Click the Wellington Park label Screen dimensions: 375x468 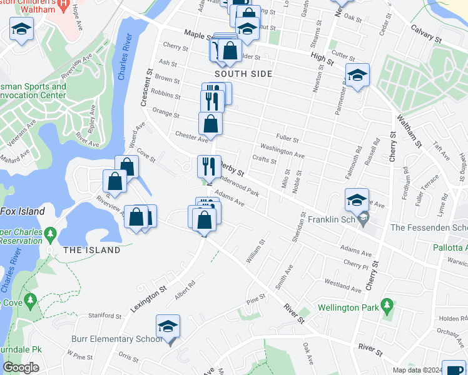pos(348,307)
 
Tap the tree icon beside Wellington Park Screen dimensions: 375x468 pos(388,306)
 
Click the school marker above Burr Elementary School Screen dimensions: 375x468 pos(168,327)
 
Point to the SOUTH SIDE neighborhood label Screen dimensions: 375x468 pos(243,74)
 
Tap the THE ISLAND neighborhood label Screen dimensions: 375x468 pos(91,250)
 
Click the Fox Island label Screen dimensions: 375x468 pos(23,211)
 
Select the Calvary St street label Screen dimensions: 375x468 pos(426,34)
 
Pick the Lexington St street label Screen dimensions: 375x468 pos(148,297)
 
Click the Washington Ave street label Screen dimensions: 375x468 pos(282,151)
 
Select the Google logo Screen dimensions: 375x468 pos(21,367)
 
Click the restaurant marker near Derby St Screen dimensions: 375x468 pos(208,166)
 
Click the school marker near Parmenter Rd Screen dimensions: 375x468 pos(358,76)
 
